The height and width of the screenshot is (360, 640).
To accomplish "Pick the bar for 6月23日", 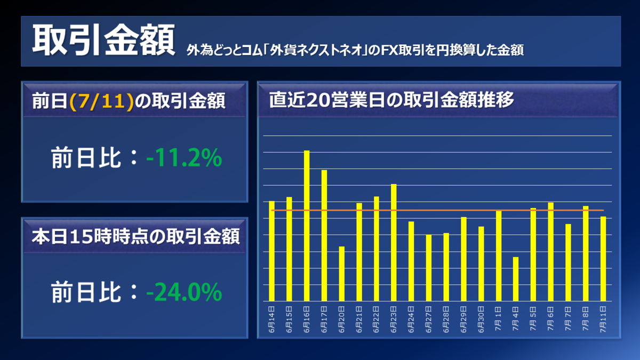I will (394, 243).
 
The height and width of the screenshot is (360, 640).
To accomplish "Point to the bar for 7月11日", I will (603, 259).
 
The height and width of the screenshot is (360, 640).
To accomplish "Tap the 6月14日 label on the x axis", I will (271, 318).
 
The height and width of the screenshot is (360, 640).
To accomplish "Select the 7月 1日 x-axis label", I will (498, 318).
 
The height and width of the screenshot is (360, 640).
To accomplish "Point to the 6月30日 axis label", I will (481, 318).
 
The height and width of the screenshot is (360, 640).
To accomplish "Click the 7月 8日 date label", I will (585, 318).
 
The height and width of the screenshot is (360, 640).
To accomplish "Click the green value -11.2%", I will (184, 158).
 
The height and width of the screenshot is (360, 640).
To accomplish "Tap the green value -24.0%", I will (184, 292).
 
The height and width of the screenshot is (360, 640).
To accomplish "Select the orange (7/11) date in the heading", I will (101, 101).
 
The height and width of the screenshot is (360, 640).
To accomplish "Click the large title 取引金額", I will (103, 41).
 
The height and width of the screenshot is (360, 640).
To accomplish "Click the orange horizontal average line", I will (437, 210).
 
